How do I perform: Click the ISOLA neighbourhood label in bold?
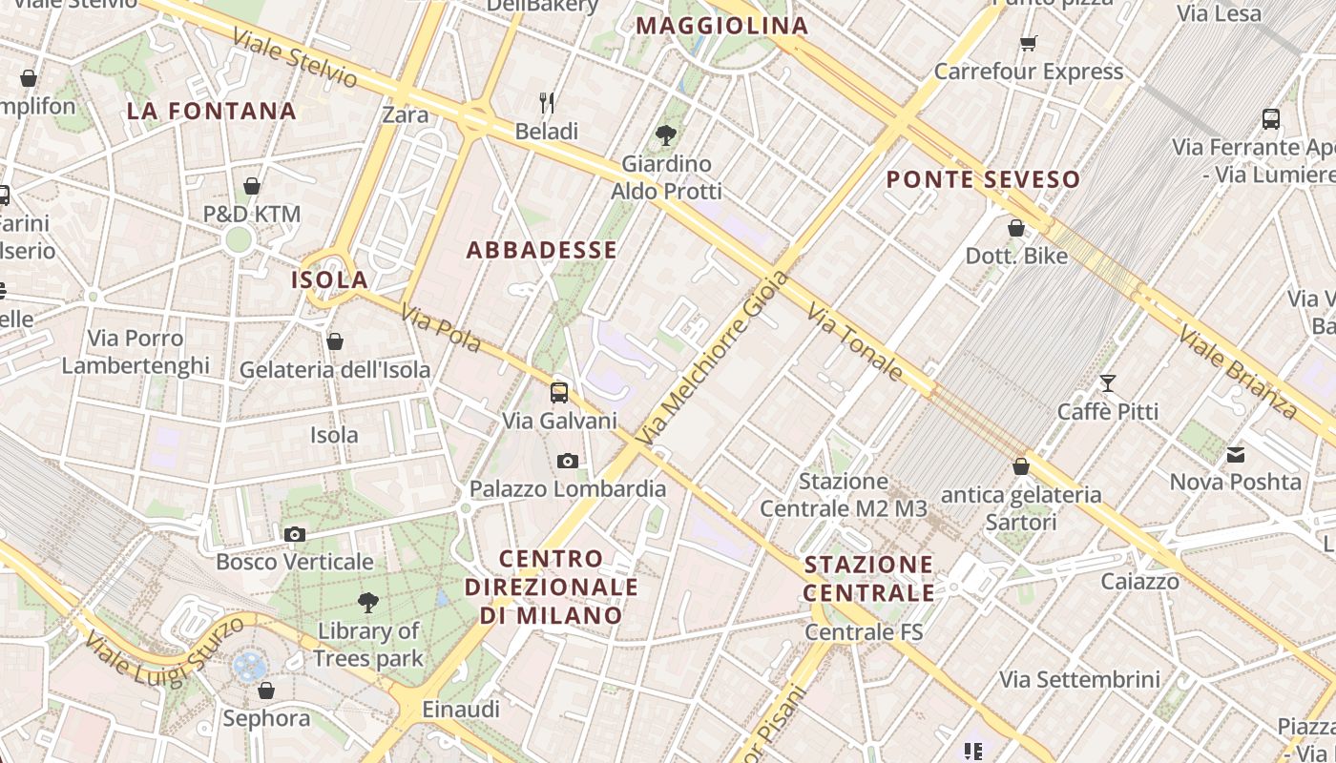pyautogui.click(x=329, y=279)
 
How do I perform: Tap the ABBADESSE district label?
pyautogui.click(x=541, y=251)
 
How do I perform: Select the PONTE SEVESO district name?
pyautogui.click(x=983, y=179)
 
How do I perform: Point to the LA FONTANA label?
pyautogui.click(x=212, y=112)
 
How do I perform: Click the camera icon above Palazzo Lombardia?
pyautogui.click(x=568, y=462)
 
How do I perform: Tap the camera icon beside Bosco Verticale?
pyautogui.click(x=295, y=534)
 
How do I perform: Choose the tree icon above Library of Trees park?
pyautogui.click(x=367, y=603)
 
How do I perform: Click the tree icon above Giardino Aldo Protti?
pyautogui.click(x=666, y=135)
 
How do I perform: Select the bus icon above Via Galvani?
pyautogui.click(x=559, y=392)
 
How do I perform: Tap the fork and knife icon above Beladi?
pyautogui.click(x=547, y=103)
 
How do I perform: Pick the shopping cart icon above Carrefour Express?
pyautogui.click(x=1028, y=43)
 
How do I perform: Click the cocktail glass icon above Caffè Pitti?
pyautogui.click(x=1107, y=383)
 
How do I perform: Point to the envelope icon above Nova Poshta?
pyautogui.click(x=1236, y=454)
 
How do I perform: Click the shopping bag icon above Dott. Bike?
pyautogui.click(x=1016, y=228)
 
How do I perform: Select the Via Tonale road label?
pyautogui.click(x=854, y=341)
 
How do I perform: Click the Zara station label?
pyautogui.click(x=405, y=115)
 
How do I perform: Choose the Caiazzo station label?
pyautogui.click(x=1139, y=582)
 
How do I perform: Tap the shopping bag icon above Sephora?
pyautogui.click(x=266, y=690)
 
